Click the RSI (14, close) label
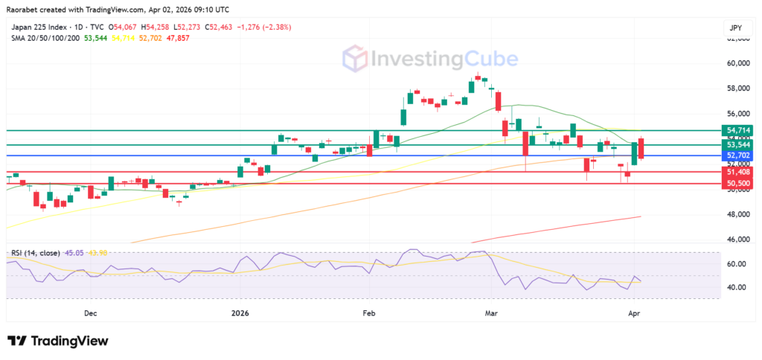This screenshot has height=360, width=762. tap(36, 253)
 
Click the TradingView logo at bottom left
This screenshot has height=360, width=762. tap(58, 341)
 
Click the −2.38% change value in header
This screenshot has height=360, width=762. tap(275, 27)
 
